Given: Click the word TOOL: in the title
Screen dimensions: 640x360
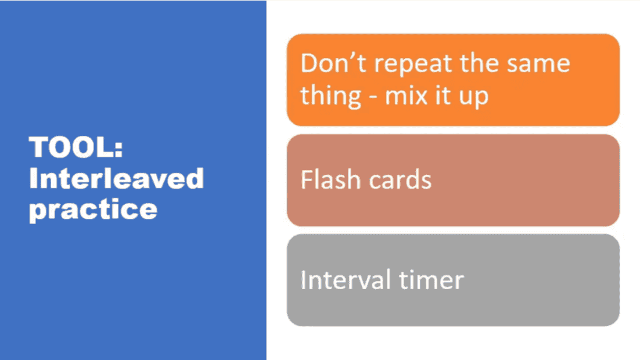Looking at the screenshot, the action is [76, 147].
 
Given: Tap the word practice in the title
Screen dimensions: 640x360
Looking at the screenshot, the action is [93, 210].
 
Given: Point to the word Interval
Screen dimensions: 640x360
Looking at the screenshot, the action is [346, 280].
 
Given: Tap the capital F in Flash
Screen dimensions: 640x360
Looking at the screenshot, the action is [307, 179].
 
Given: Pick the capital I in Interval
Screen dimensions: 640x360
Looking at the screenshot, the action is [304, 280].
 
